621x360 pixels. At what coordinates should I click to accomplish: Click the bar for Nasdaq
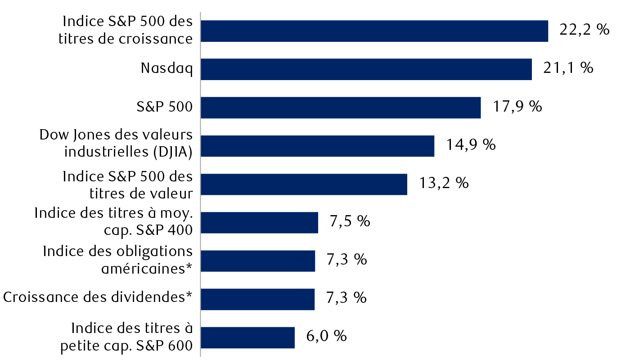366,69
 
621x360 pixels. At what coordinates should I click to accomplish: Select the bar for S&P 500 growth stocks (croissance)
374,31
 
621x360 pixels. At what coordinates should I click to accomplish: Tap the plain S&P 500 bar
340,108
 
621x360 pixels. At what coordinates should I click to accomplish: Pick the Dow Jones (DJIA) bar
317,146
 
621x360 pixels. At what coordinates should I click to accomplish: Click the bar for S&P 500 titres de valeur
304,184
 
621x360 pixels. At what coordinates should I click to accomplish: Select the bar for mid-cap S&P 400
259,222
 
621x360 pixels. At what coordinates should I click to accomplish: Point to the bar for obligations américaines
257,261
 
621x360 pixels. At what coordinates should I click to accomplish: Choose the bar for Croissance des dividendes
257,299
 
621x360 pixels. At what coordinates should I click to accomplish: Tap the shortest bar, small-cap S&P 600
247,337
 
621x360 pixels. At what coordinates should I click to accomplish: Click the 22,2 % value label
584,30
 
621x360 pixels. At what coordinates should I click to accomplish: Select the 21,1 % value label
567,68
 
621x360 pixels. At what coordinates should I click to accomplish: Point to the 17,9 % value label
517,107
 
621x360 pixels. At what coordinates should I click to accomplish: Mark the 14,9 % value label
471,145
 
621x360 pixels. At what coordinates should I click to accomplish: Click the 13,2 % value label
443,183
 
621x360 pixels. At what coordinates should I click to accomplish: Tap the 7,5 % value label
350,221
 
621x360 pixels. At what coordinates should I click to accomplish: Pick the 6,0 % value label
326,336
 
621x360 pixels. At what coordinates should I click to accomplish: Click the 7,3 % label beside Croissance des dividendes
346,298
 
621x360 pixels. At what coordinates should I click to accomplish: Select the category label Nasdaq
166,68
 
